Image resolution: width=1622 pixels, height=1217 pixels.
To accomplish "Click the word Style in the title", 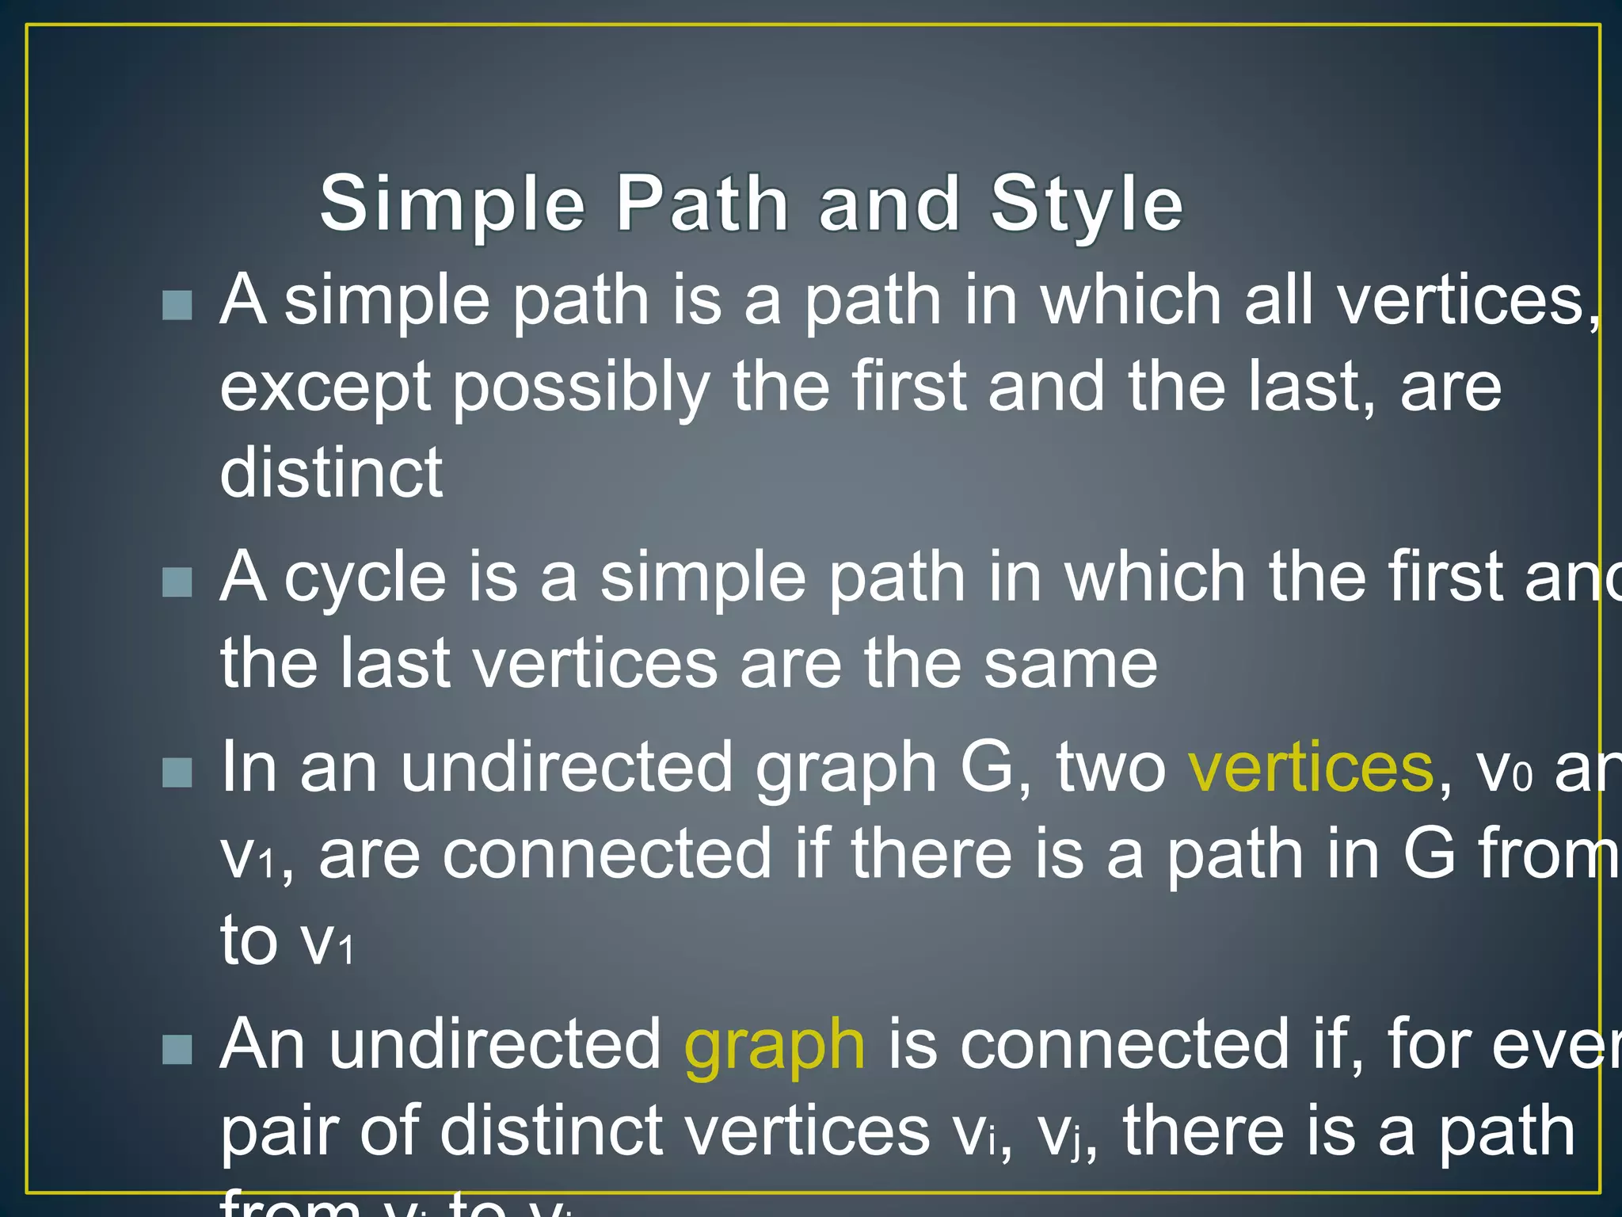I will point(1087,204).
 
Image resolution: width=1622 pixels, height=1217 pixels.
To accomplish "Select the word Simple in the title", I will point(453,204).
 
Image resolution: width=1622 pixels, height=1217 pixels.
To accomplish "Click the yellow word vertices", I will point(1311,767).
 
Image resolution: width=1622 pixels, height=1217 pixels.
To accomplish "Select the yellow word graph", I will point(774,1046).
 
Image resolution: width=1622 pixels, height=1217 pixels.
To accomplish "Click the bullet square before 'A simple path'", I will point(177,305).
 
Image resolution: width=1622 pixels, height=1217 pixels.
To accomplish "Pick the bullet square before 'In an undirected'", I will point(177,773).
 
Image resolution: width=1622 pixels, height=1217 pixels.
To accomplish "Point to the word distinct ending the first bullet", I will point(331,472).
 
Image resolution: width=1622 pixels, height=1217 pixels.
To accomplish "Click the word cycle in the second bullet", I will point(365,577).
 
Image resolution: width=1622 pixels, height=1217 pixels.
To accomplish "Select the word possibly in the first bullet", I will point(581,388).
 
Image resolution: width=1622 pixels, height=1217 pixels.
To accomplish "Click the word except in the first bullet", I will point(325,388).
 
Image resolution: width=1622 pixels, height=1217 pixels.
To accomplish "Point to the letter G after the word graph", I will point(987,767).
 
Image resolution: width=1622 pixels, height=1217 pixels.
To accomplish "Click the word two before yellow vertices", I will point(1110,767).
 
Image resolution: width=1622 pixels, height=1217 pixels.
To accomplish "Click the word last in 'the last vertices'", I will point(395,663).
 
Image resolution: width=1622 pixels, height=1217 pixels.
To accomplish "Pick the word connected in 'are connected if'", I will point(607,854).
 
